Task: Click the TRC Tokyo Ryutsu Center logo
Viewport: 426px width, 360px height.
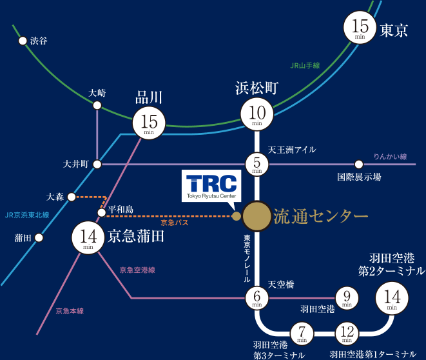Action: click(211, 186)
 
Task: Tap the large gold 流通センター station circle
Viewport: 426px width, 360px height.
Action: click(257, 216)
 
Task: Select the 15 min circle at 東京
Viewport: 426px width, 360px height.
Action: click(360, 27)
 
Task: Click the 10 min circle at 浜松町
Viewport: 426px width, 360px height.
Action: click(257, 114)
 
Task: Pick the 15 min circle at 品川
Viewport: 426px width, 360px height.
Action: click(149, 123)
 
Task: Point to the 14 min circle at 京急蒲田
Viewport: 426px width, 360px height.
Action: click(88, 238)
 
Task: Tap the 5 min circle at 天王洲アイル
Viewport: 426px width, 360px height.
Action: click(257, 165)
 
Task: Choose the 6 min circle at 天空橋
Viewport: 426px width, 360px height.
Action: click(257, 298)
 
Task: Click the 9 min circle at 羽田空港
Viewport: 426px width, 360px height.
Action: click(347, 298)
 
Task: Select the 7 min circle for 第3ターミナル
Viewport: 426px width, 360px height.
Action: click(302, 334)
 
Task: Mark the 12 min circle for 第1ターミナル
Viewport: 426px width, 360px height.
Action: click(347, 334)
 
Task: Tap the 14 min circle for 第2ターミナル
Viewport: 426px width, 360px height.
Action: click(392, 298)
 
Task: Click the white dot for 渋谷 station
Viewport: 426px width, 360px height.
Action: click(23, 41)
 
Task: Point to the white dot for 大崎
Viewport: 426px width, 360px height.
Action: click(97, 105)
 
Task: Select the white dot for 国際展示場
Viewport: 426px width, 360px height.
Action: click(359, 165)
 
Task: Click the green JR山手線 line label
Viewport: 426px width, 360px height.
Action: click(305, 66)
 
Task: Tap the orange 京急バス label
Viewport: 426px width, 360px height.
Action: click(175, 223)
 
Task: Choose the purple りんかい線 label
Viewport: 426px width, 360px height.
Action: click(390, 157)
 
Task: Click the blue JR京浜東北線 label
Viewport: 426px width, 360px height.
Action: click(27, 215)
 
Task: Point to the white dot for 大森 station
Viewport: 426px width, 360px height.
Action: click(72, 197)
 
